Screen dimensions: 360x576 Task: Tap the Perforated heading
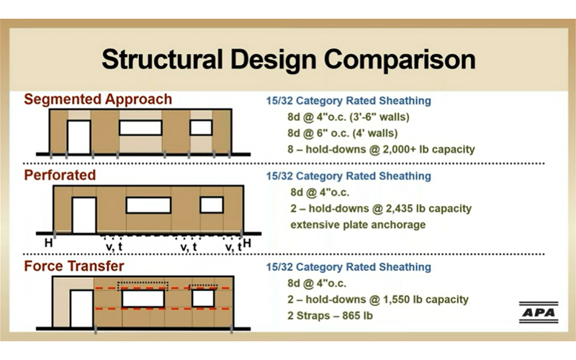61,175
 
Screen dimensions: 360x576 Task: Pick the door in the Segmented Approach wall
78,137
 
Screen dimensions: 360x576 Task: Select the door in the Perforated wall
84,215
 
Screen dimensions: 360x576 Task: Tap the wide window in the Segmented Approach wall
140,128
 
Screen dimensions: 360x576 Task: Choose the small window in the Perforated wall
212,204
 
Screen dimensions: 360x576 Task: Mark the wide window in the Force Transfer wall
143,298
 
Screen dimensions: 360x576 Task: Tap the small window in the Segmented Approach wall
202,127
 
